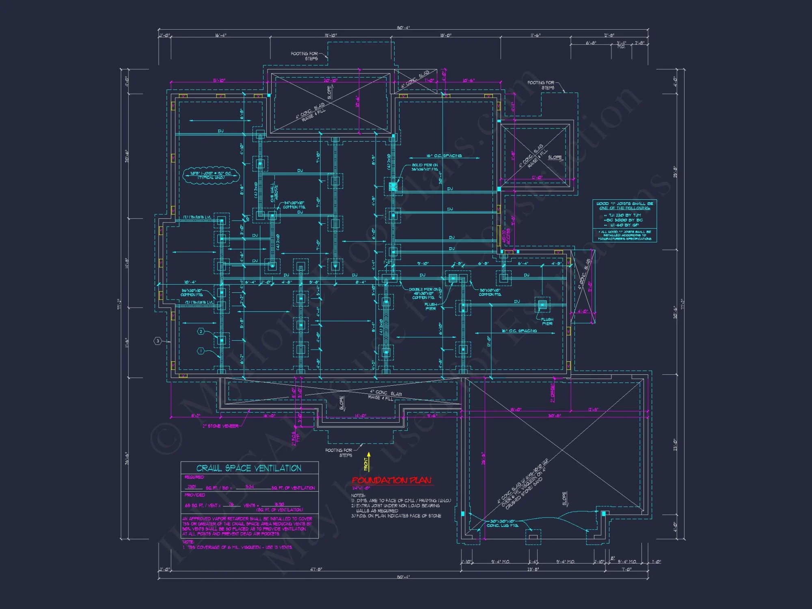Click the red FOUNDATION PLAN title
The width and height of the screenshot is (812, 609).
pos(391,481)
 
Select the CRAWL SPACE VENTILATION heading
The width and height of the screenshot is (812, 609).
pos(249,468)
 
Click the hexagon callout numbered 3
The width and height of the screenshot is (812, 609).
pos(158,341)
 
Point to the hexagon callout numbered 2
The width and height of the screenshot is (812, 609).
pos(201,332)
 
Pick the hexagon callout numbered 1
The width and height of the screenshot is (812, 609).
pos(201,351)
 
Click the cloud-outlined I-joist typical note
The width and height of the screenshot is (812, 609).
pos(211,175)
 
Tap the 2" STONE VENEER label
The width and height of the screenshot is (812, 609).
pos(220,426)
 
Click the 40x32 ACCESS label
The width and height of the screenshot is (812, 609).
pos(506,236)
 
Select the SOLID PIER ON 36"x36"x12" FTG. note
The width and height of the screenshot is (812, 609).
pos(425,167)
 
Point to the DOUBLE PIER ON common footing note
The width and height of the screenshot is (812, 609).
pos(424,294)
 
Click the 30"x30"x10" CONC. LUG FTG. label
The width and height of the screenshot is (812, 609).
pos(503,523)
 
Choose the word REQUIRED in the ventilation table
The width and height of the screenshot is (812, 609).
pos(194,477)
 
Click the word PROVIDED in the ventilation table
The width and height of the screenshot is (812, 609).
pos(195,495)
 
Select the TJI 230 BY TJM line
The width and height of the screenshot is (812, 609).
pos(625,215)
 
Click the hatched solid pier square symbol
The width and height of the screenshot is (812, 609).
pos(393,187)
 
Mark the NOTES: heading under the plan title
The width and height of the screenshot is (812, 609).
pos(358,495)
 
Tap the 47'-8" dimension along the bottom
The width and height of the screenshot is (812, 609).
pos(316,569)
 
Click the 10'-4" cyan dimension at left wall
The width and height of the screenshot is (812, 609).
pos(190,282)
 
